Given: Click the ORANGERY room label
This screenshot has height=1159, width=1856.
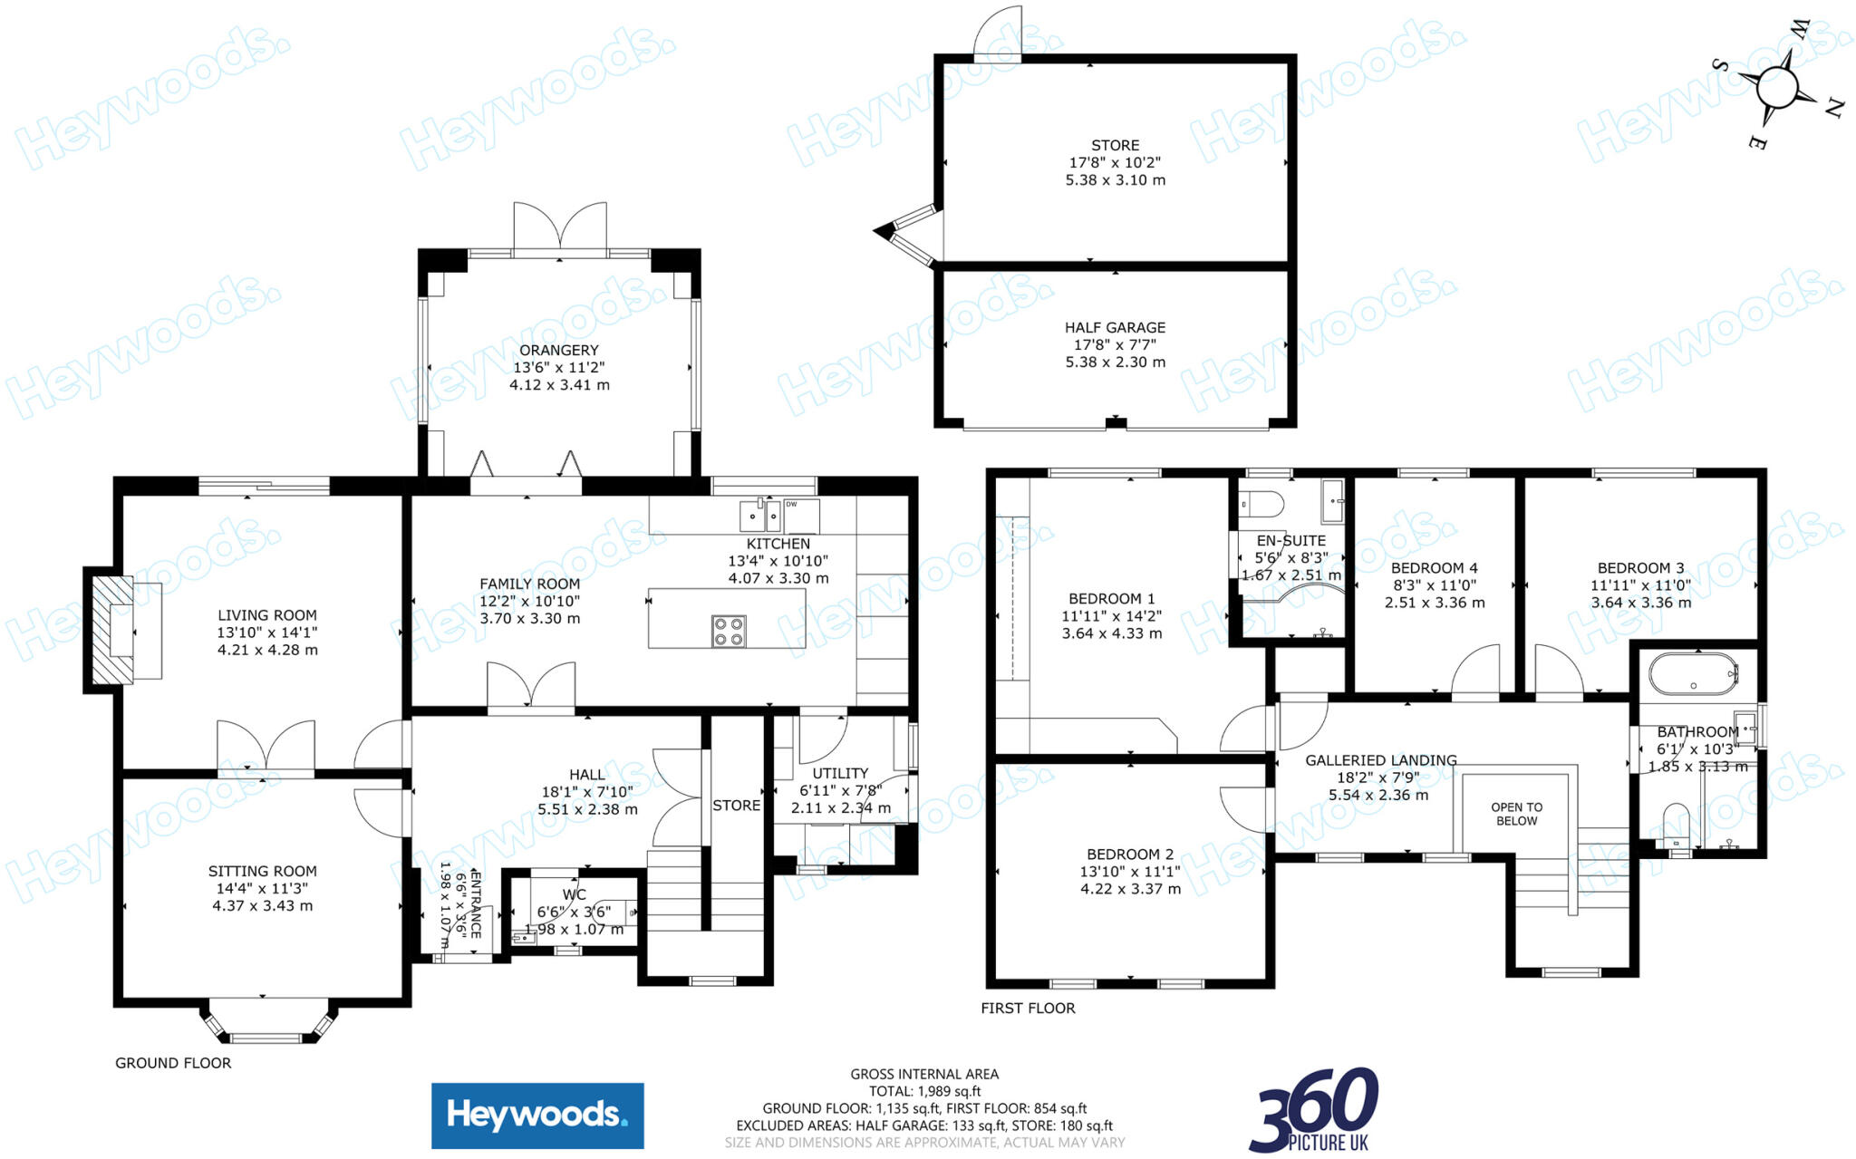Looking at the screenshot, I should [559, 350].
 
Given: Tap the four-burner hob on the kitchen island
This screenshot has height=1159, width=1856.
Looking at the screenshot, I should [729, 631].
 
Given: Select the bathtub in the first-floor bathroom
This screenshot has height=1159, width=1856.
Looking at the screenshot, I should [1692, 674].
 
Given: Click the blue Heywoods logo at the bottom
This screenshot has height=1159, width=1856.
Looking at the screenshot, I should [537, 1116].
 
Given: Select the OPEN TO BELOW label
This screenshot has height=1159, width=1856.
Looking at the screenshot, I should [1516, 814].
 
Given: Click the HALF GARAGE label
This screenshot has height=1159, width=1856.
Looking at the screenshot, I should [1115, 327].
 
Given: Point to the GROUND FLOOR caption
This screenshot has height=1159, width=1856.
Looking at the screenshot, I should [173, 1063].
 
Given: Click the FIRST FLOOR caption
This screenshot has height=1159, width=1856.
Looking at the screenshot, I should [1028, 1008].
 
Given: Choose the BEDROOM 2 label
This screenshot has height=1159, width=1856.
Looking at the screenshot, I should [1130, 855].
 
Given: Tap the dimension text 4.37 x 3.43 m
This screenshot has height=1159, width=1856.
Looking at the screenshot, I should [263, 905].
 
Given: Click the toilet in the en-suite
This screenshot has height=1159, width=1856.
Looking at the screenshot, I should [1261, 503].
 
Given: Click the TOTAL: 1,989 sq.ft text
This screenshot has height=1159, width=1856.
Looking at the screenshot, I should [924, 1091].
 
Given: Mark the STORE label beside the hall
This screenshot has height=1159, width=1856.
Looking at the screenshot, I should [736, 806].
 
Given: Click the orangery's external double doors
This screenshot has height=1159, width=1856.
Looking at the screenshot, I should [560, 227].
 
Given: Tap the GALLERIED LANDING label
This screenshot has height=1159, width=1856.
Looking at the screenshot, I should [1380, 760].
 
